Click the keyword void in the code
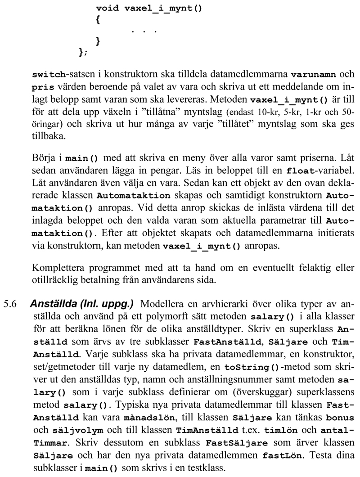[x=107, y=8]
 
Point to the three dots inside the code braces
[x=144, y=31]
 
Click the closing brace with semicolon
[x=83, y=53]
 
